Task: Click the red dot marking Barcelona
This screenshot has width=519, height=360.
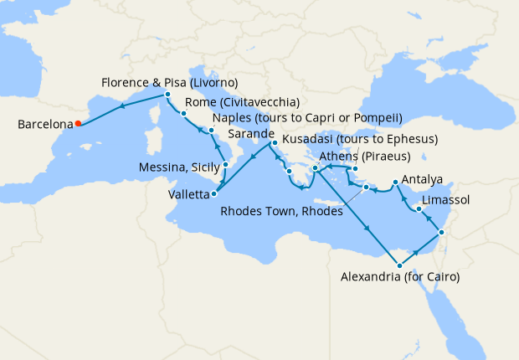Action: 78,124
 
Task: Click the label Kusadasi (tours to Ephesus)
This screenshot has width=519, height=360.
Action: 359,137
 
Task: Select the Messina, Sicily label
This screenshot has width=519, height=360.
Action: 177,167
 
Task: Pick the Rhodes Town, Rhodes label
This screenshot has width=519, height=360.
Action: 282,212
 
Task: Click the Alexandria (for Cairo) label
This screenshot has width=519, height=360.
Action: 401,276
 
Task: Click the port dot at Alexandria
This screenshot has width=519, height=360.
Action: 399,265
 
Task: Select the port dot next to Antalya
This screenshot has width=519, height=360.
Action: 395,181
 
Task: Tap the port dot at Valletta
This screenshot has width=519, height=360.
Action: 214,194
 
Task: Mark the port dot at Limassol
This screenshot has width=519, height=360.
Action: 418,208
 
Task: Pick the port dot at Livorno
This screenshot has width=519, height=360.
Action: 169,95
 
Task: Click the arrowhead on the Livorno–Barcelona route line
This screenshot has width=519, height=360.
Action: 122,106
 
